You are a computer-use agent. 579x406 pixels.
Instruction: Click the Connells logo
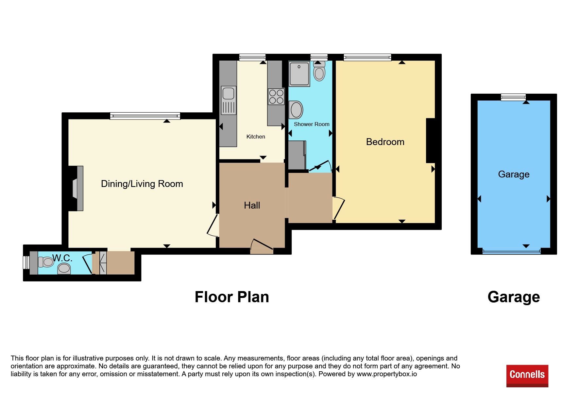pyautogui.click(x=527, y=376)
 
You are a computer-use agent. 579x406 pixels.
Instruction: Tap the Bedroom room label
pyautogui.click(x=385, y=142)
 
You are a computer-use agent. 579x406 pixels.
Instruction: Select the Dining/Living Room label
pyautogui.click(x=142, y=184)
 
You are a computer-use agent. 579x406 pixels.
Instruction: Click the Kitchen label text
pyautogui.click(x=256, y=137)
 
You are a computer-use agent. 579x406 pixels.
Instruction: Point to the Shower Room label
pyautogui.click(x=312, y=124)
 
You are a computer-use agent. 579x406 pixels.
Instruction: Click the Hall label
pyautogui.click(x=252, y=205)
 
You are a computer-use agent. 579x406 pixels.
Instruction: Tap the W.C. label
pyautogui.click(x=62, y=258)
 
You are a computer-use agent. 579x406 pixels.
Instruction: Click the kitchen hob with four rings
pyautogui.click(x=276, y=97)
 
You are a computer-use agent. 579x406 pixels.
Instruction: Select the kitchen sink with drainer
pyautogui.click(x=229, y=100)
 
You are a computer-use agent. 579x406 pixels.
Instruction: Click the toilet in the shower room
pyautogui.click(x=319, y=71)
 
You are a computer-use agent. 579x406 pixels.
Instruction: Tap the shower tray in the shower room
pyautogui.click(x=299, y=74)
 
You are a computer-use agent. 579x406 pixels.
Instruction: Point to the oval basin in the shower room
pyautogui.click(x=296, y=110)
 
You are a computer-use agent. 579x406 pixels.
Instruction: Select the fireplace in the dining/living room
pyautogui.click(x=78, y=188)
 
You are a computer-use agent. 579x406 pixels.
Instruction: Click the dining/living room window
pyautogui.click(x=145, y=116)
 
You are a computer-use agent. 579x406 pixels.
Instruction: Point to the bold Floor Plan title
pyautogui.click(x=232, y=297)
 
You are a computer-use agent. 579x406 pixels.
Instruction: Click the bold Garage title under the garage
pyautogui.click(x=514, y=297)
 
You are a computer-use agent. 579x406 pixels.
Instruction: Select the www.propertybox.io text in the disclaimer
pyautogui.click(x=387, y=374)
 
